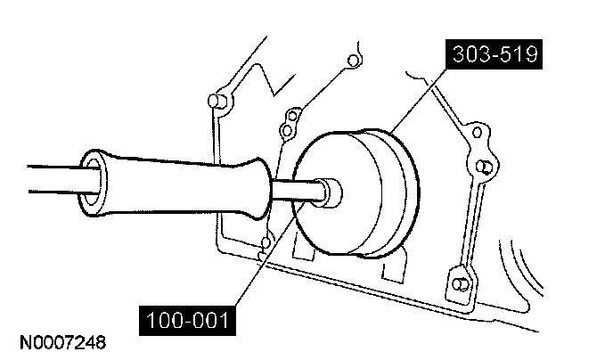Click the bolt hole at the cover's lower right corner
[460, 284]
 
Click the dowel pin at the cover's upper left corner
[215, 99]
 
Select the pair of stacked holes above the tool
[288, 124]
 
